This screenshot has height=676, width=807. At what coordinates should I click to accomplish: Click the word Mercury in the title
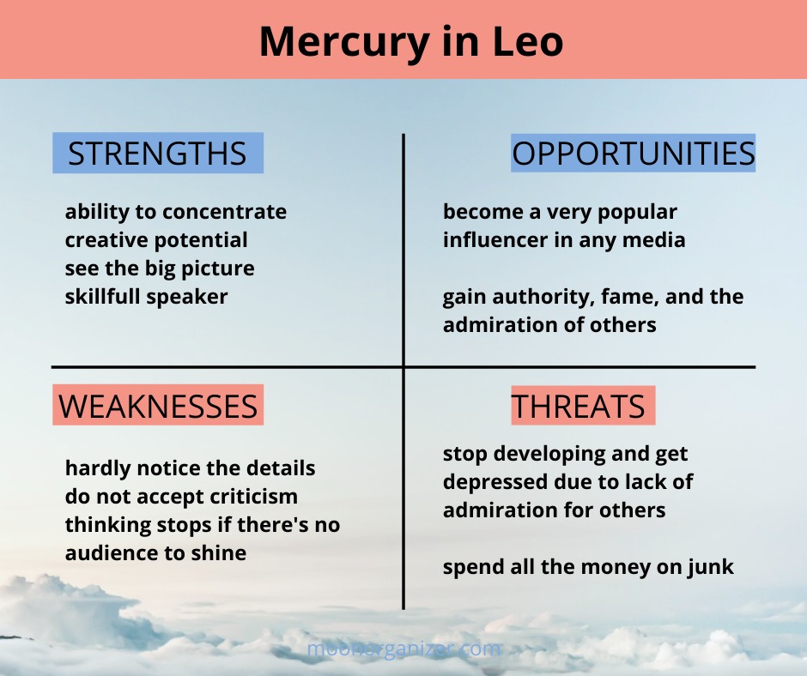click(x=344, y=43)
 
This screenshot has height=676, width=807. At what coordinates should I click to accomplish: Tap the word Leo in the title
click(x=527, y=41)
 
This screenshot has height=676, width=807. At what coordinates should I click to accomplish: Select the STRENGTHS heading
click(x=157, y=154)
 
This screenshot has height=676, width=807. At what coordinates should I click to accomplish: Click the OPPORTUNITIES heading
click(x=633, y=154)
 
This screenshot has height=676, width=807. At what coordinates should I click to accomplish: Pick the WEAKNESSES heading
click(x=158, y=406)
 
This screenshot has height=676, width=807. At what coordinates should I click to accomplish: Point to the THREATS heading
click(x=578, y=406)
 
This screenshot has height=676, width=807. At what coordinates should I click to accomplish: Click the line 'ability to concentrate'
click(x=175, y=211)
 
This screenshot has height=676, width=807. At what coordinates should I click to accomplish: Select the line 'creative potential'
click(x=156, y=240)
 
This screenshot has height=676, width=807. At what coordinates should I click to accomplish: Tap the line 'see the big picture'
click(x=160, y=269)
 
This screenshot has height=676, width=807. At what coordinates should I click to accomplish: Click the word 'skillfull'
click(x=102, y=296)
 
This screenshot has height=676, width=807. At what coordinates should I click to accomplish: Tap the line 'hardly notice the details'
click(x=190, y=468)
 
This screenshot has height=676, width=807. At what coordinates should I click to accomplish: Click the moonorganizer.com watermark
click(x=403, y=649)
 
